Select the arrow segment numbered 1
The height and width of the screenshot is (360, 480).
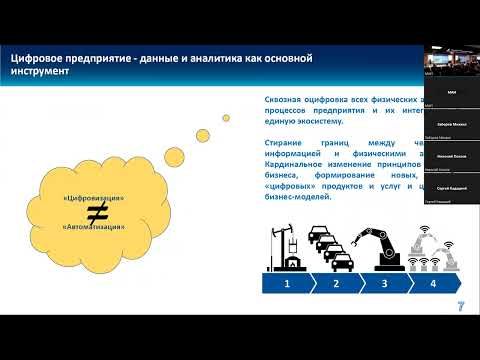pyautogui.click(x=288, y=284)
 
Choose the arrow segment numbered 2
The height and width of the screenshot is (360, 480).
pyautogui.click(x=336, y=284)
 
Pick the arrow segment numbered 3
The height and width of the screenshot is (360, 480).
pyautogui.click(x=384, y=284)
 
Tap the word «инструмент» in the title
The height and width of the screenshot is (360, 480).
pyautogui.click(x=41, y=73)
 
